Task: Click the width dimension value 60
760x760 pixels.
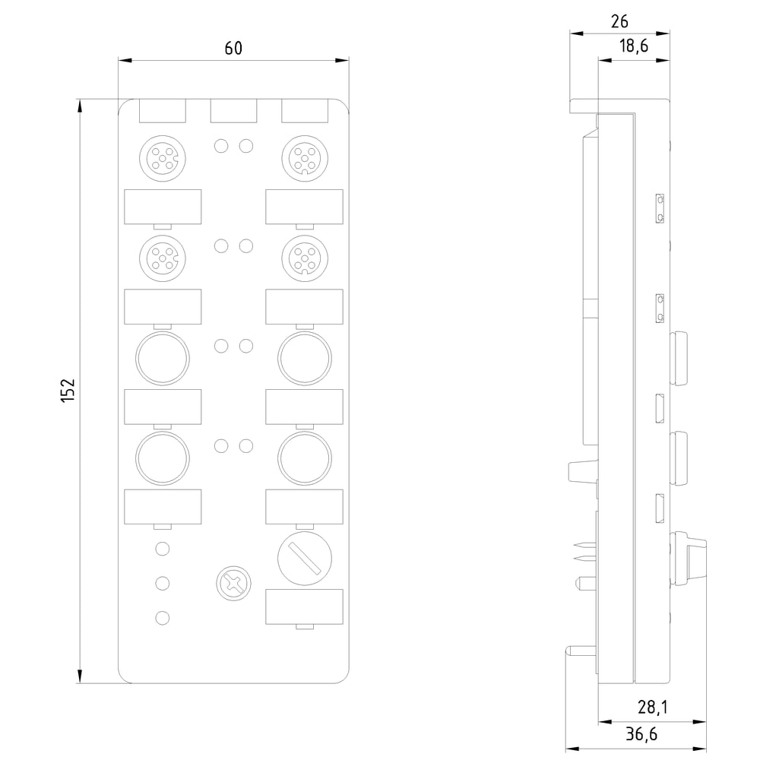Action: (233, 48)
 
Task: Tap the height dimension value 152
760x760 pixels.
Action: (68, 390)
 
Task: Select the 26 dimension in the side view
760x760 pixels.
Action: (619, 22)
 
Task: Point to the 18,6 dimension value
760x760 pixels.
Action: (634, 46)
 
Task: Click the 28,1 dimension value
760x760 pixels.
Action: (652, 707)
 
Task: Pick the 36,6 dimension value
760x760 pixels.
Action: (641, 734)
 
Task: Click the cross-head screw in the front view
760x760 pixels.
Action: (233, 583)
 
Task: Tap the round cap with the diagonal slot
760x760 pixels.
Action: (305, 559)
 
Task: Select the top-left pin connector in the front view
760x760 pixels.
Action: (163, 159)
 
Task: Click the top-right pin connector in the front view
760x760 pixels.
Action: (305, 159)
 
